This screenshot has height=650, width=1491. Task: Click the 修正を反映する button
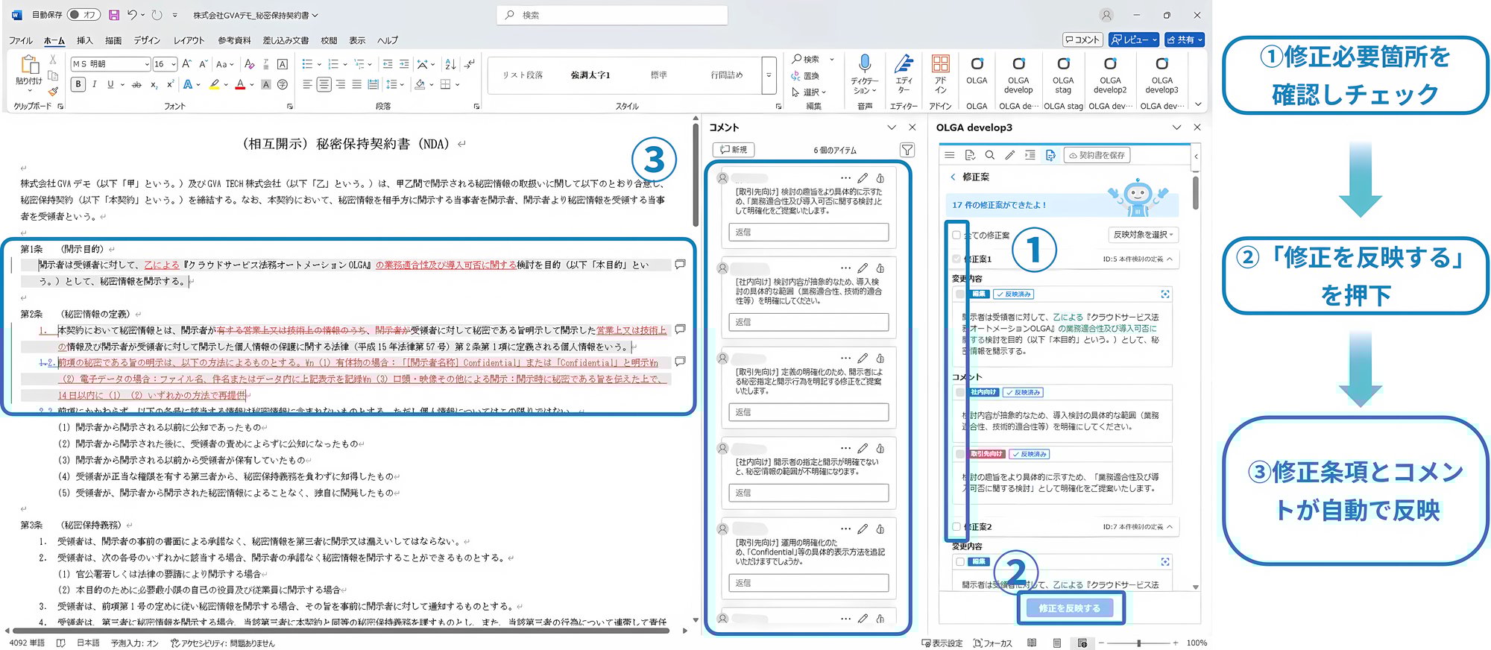click(1069, 608)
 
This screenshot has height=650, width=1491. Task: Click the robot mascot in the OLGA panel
click(1137, 198)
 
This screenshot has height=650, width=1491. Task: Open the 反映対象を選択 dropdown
click(1143, 235)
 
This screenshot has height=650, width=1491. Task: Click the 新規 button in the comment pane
click(734, 150)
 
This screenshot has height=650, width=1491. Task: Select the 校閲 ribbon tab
click(329, 40)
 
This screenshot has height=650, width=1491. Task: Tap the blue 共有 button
click(1185, 40)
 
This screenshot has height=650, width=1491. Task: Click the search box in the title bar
click(611, 15)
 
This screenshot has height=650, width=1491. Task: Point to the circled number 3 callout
click(654, 160)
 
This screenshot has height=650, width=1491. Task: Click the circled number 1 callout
click(1034, 250)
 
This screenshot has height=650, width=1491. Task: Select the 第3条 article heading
click(31, 525)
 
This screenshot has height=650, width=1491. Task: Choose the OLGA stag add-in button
click(1063, 75)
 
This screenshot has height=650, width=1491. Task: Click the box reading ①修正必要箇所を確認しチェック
click(1355, 75)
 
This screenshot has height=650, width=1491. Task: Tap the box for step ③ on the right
click(1355, 490)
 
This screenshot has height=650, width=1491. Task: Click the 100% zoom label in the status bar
click(1196, 643)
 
